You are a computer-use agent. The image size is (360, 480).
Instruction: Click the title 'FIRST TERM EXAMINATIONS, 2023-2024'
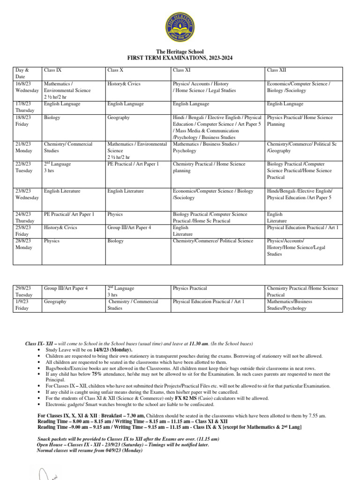click(180, 58)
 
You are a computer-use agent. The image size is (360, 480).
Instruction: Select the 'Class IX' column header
click(52, 70)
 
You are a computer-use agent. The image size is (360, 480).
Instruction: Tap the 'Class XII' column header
click(276, 70)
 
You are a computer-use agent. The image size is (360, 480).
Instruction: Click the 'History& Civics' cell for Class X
click(124, 84)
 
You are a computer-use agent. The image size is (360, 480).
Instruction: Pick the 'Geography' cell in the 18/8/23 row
click(118, 118)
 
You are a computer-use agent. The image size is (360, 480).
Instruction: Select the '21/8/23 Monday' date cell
click(24, 148)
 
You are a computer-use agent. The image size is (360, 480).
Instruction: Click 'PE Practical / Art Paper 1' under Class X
click(133, 164)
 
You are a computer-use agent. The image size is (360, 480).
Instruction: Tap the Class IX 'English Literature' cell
click(62, 191)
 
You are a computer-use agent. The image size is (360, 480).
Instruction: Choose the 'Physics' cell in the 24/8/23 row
click(115, 214)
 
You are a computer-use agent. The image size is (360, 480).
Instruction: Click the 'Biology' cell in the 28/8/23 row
click(115, 241)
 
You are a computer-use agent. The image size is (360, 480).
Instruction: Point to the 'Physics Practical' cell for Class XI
click(190, 288)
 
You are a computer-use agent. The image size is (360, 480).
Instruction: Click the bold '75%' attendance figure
click(97, 374)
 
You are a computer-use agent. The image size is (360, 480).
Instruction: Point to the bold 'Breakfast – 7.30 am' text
click(123, 415)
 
